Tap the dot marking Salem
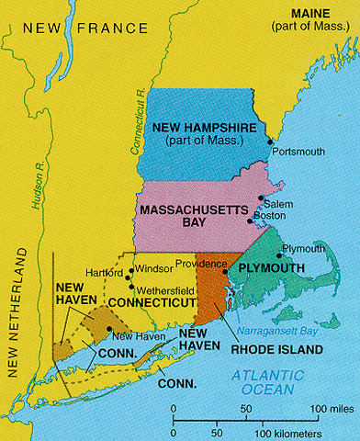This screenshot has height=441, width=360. [x=261, y=200]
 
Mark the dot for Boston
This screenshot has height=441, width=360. [x=251, y=220]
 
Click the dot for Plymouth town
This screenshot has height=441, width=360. [x=279, y=255]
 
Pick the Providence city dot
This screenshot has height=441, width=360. [x=225, y=273]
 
